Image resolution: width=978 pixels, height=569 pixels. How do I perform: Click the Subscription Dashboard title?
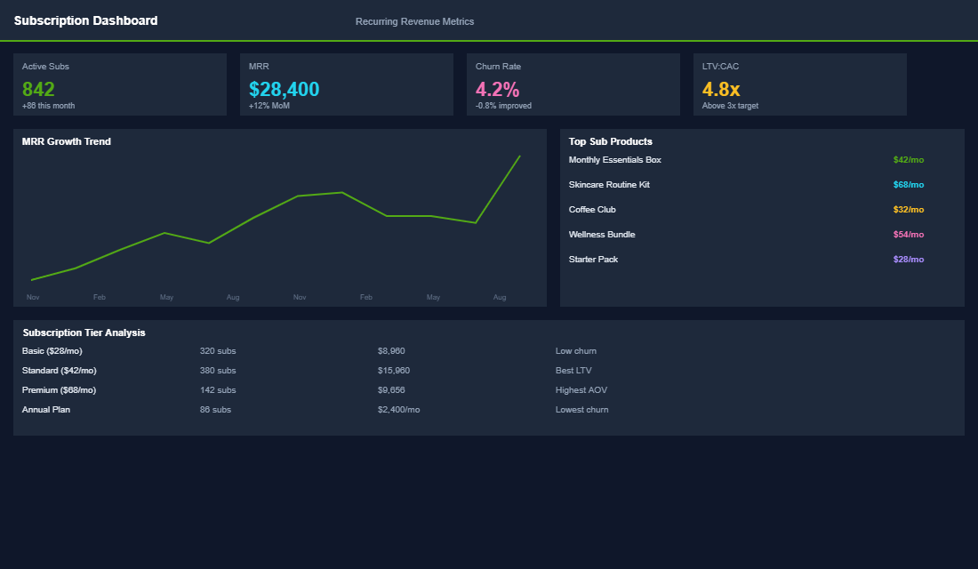click(85, 20)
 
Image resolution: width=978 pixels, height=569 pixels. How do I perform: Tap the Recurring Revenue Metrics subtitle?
click(414, 21)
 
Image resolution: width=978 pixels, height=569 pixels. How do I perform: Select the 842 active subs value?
click(38, 89)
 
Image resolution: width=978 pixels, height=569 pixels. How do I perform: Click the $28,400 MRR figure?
click(284, 89)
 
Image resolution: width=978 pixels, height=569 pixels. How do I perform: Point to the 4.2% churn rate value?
click(497, 89)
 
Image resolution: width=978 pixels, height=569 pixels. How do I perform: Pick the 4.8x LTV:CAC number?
click(720, 89)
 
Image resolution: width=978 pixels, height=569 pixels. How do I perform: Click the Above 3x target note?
click(730, 106)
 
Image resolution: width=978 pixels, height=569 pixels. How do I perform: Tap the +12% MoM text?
click(269, 106)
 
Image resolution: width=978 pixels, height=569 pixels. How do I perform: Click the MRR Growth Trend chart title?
click(67, 141)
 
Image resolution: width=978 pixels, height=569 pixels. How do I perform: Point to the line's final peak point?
click(519, 156)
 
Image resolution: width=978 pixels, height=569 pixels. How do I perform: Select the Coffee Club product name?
click(592, 210)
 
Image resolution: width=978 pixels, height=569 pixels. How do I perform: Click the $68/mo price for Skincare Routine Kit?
click(908, 185)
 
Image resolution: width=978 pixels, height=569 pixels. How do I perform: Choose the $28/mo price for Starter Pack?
click(908, 260)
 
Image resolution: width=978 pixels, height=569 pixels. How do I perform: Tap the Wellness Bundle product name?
click(602, 235)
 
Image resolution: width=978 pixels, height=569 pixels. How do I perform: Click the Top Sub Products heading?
click(610, 141)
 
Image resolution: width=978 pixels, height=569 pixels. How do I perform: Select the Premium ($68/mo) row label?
click(59, 390)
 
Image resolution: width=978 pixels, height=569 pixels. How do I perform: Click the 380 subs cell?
click(218, 371)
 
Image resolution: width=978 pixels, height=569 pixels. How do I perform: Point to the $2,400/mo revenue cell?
click(398, 410)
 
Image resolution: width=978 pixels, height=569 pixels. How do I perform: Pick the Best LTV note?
click(573, 371)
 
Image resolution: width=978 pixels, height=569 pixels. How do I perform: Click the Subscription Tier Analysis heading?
click(84, 333)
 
